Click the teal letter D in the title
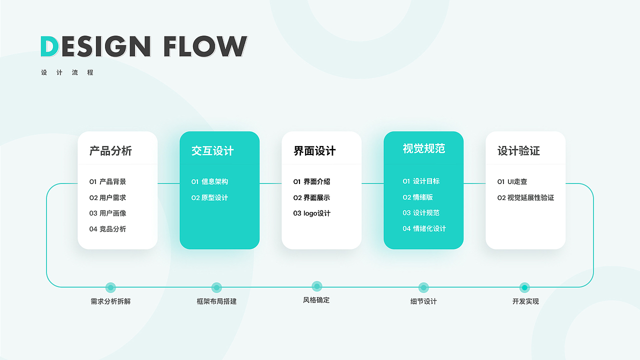49,46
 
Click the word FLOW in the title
205,46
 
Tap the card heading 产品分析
110,151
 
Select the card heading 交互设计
212,151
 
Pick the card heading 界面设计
314,151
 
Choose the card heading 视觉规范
423,148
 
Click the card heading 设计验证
518,151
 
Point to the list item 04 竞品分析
108,229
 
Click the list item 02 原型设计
209,197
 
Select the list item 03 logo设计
312,213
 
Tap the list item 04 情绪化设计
424,228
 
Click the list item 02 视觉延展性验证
525,197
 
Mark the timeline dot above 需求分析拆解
110,287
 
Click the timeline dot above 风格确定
316,286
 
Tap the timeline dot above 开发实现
524,287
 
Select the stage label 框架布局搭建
216,301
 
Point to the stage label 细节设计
423,301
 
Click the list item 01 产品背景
108,181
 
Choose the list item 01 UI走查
512,181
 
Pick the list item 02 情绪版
418,197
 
